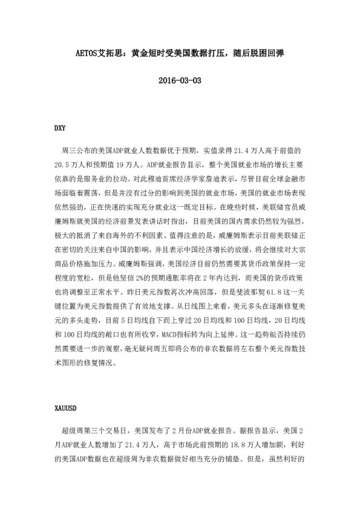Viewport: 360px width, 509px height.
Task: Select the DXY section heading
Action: [x=60, y=128]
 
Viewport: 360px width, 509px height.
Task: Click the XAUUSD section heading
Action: [x=65, y=407]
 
